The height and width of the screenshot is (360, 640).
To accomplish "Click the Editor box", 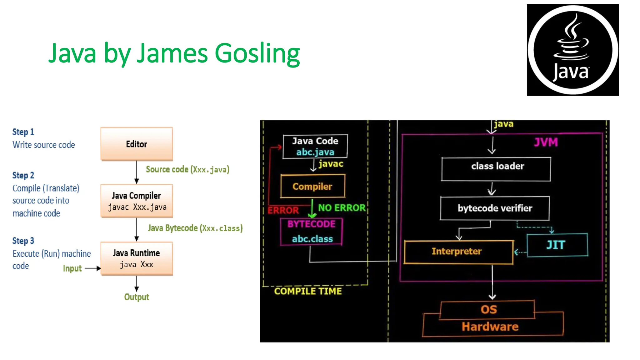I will pos(137,144).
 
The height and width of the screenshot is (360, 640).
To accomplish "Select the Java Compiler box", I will pos(137,201).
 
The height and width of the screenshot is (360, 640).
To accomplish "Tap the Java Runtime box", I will pos(137,258).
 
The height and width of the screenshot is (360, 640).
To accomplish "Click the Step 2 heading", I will pos(23,175).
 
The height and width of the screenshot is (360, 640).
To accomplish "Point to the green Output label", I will pos(137,297).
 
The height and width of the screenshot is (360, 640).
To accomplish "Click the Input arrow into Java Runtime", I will pos(92,268).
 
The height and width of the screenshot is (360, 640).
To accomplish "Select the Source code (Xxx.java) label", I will pos(187,169).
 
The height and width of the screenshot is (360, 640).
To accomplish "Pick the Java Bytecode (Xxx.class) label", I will pos(195,228).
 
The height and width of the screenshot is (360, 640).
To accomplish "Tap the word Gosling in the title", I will pos(257,53).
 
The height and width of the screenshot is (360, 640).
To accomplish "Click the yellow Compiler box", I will pos(312,187).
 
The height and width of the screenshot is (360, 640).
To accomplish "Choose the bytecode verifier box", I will pos(495,208).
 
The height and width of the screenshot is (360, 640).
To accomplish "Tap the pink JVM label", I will pos(546,142).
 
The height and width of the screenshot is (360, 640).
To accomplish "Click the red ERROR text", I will pos(283,210).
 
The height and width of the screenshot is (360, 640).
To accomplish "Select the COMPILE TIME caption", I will pos(308,291).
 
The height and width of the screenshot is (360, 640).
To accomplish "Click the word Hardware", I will pos(490,327).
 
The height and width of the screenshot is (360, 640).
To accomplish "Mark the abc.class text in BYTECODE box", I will pos(312,239).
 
